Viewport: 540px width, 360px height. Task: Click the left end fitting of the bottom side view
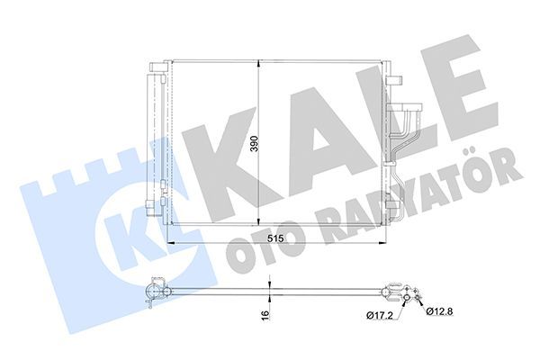pos(154,292)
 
